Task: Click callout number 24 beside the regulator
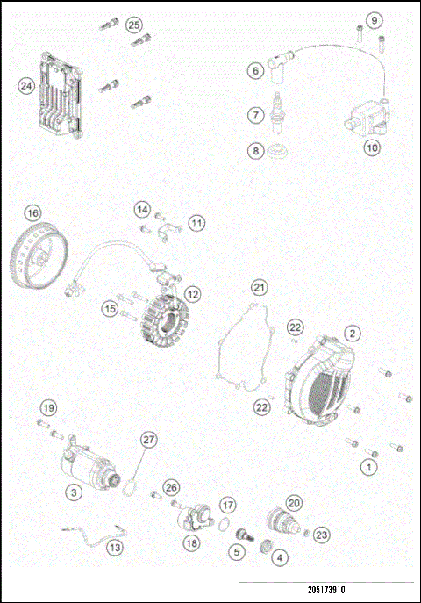(x=26, y=85)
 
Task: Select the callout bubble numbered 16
(x=32, y=212)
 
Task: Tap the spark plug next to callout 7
(x=280, y=109)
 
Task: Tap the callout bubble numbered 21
(x=258, y=287)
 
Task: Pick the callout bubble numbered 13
(x=116, y=547)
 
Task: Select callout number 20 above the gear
(x=293, y=503)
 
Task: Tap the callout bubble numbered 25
(x=133, y=24)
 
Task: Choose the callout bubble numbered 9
(x=375, y=19)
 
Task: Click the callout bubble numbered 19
(x=49, y=407)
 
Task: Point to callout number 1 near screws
(x=369, y=468)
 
